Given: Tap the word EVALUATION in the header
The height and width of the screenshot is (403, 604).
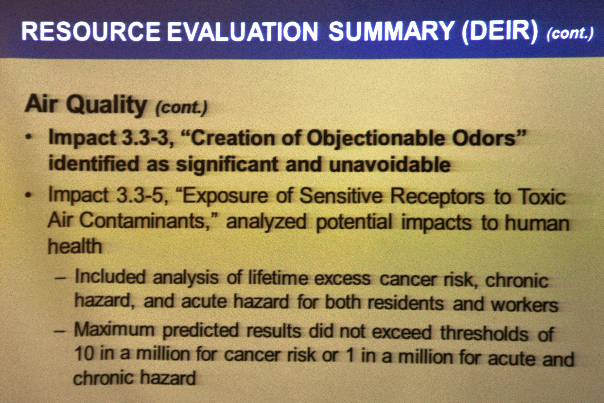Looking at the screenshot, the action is (x=242, y=32).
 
